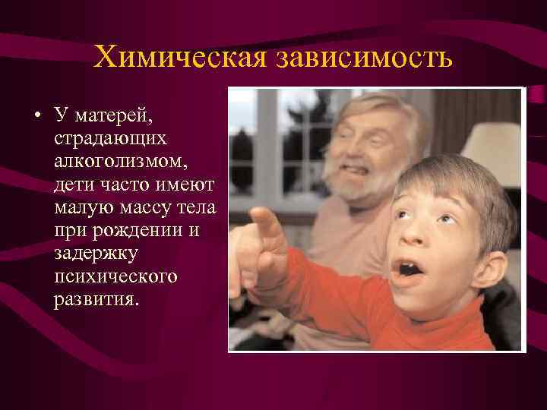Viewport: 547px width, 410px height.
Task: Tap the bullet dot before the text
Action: (x=38, y=118)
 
